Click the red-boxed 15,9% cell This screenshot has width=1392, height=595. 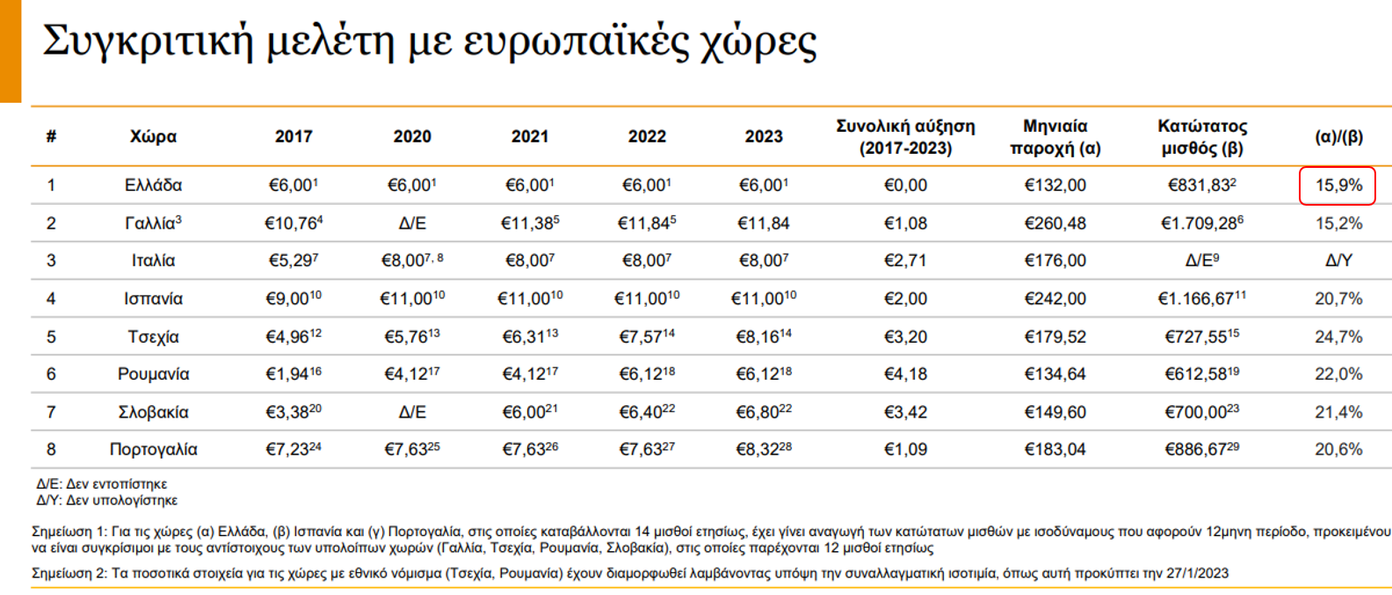1338,185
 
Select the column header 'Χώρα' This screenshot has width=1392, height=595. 153,136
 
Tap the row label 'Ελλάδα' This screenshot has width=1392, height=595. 153,185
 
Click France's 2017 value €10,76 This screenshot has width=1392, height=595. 293,223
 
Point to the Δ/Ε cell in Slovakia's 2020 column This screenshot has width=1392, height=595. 412,412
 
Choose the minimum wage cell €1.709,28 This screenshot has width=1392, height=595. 1201,223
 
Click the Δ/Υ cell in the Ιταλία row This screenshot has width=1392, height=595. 1338,261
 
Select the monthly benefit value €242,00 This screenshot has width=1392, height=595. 1055,299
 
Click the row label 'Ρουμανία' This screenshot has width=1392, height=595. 153,374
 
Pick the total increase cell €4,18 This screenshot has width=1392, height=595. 905,374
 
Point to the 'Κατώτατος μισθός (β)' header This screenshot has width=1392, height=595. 1201,137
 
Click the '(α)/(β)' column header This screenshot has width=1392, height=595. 1338,136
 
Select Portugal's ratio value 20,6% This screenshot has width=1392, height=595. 1338,450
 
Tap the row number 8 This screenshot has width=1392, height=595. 51,450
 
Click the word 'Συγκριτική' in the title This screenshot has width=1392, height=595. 148,41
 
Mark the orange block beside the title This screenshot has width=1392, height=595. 10,50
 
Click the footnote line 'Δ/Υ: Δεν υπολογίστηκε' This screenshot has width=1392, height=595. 106,500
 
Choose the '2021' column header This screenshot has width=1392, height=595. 529,136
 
